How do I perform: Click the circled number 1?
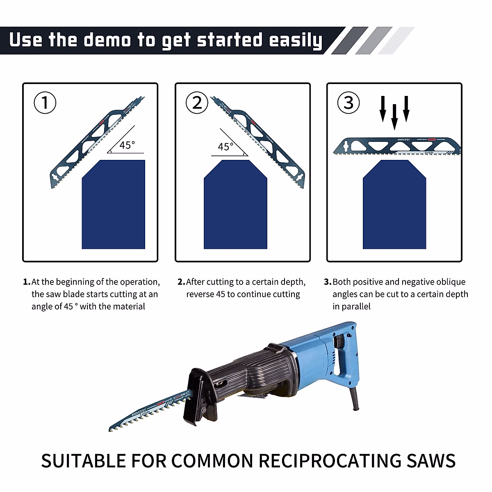(45, 102)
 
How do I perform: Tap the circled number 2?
(197, 102)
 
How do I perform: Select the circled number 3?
(348, 102)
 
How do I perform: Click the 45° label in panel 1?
(127, 145)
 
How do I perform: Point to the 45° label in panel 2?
(225, 147)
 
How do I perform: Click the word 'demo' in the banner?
(107, 40)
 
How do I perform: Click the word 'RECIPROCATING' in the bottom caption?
(330, 461)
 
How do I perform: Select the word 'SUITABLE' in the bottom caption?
(83, 461)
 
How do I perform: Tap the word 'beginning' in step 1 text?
(74, 282)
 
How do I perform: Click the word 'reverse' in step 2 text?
(200, 294)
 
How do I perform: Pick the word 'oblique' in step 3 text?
(451, 282)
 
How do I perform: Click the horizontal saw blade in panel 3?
(397, 147)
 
